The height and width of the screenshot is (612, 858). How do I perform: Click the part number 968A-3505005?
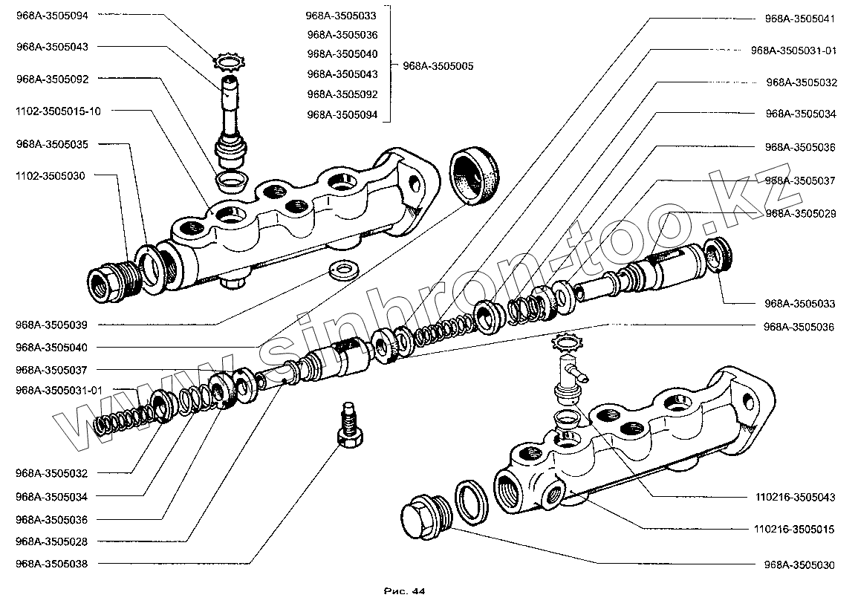(x=438, y=66)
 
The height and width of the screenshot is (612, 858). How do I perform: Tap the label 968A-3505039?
(x=51, y=325)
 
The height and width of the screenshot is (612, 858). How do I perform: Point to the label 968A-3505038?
(x=51, y=564)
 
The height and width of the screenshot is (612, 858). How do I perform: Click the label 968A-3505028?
(x=51, y=541)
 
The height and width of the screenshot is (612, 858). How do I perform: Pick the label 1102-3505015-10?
(x=57, y=111)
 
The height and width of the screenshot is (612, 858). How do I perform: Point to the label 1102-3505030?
(x=51, y=176)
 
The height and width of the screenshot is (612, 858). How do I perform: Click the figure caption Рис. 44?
(x=404, y=591)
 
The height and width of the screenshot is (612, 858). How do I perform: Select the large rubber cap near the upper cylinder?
(x=475, y=176)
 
